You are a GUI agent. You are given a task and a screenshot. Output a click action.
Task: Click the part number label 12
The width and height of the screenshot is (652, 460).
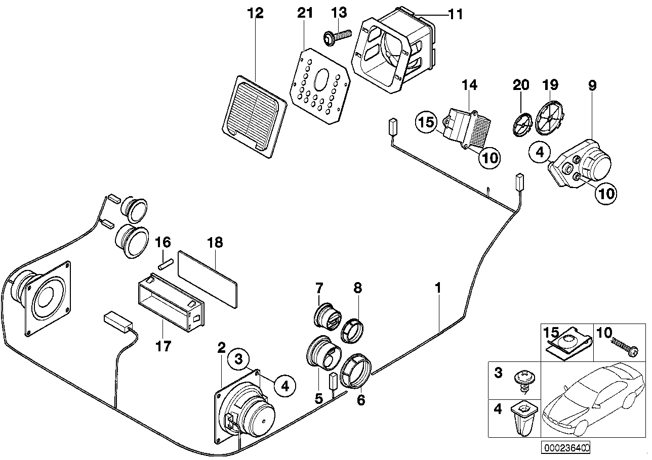(x=256, y=14)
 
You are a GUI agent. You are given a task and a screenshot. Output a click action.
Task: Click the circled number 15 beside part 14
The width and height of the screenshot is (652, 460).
(x=426, y=123)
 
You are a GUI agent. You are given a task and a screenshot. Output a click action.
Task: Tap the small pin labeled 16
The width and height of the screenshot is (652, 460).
(x=166, y=263)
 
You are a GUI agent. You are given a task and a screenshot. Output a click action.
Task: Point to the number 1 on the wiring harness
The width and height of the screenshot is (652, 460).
(x=438, y=289)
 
